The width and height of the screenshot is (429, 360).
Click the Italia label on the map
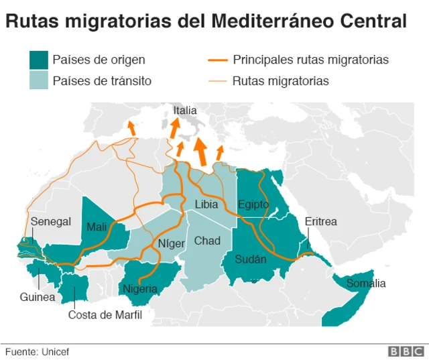(184, 111)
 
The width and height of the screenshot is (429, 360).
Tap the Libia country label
(206, 204)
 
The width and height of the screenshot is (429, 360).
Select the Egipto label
(253, 204)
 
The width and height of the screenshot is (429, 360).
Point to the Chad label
(206, 241)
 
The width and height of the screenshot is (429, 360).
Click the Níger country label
(171, 243)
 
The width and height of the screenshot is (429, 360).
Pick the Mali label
(97, 227)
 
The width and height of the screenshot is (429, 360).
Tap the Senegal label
(50, 222)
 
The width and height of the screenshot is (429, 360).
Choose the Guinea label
(37, 297)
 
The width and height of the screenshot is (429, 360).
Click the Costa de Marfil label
(105, 314)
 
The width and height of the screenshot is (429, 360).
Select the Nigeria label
(139, 289)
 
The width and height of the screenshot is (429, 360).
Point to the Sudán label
(251, 259)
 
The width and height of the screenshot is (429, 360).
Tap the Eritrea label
(320, 222)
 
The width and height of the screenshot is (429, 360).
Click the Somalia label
(366, 284)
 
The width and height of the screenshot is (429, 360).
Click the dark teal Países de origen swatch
(38, 60)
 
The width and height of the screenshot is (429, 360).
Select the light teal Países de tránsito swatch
(38, 81)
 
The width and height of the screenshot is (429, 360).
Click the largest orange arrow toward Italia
(200, 152)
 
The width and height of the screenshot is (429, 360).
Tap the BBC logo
(405, 351)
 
